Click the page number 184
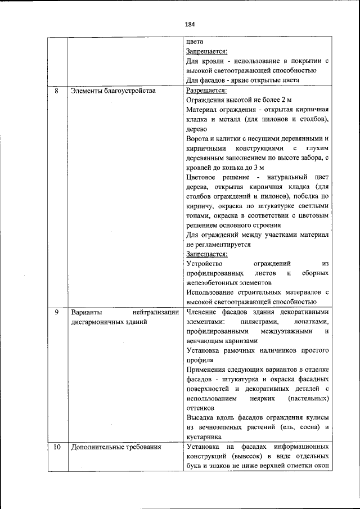click(x=190, y=24)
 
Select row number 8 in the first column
click(x=56, y=90)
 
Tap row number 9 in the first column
click(x=56, y=312)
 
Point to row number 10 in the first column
click(x=56, y=448)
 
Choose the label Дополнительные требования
click(x=116, y=448)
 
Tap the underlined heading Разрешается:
click(x=206, y=90)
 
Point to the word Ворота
click(x=197, y=138)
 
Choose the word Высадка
click(x=200, y=418)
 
